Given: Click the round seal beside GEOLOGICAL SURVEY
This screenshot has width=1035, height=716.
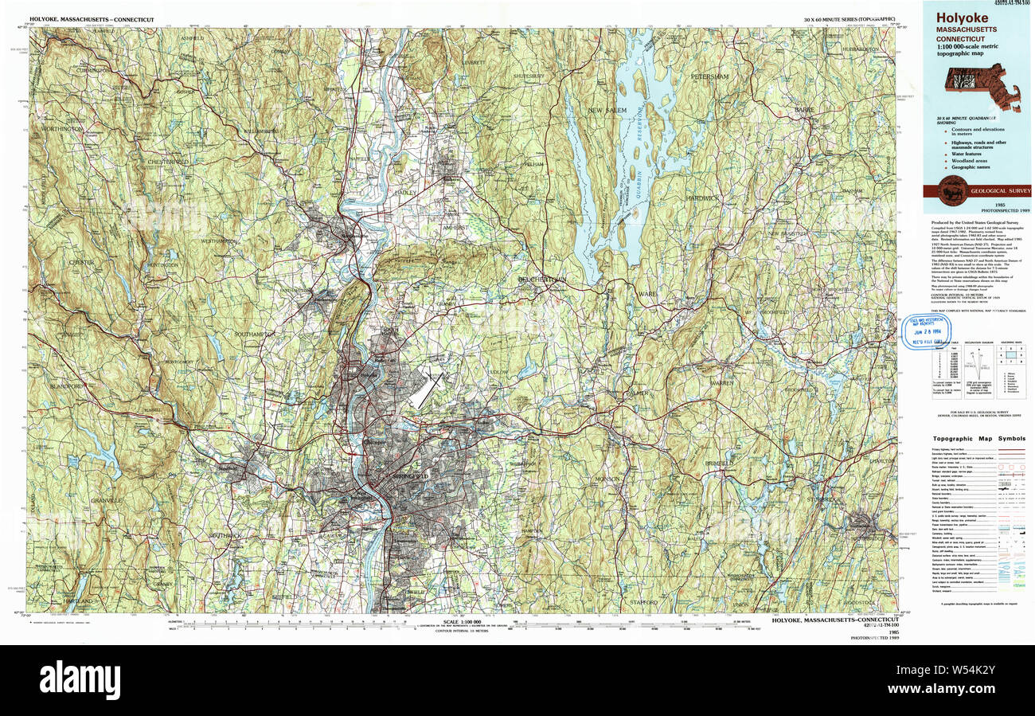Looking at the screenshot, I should tap(952, 191).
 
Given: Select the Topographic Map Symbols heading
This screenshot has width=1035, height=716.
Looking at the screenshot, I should tap(979, 438).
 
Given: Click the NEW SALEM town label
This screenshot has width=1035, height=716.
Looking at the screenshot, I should tap(607, 109).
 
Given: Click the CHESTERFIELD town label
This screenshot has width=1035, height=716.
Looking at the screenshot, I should tap(167, 162).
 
